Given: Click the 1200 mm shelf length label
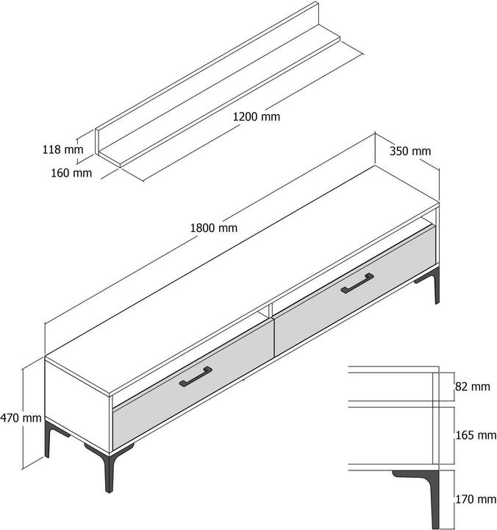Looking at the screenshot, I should pos(257,116).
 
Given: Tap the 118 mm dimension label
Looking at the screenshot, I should pos(62,149).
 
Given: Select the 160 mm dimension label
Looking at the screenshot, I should pos(72,173).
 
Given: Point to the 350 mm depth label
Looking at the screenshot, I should pos(410,152).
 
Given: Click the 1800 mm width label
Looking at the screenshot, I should pos(214,227).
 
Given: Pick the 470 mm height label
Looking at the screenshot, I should pos(21,417).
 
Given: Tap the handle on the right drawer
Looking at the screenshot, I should pos(357,283).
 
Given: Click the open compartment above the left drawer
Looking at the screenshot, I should pos(191,361).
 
